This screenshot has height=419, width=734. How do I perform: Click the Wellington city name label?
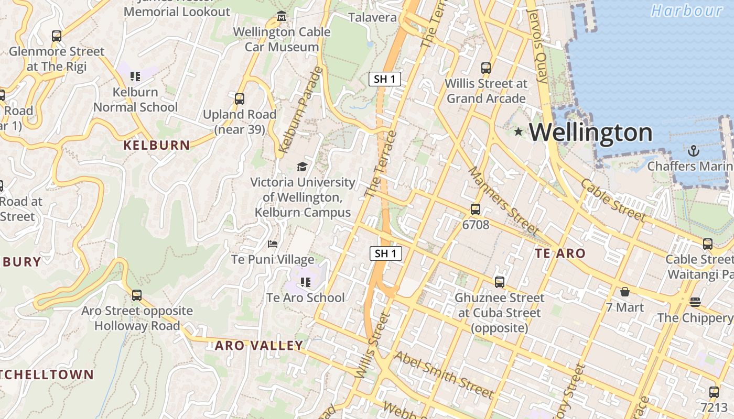(x=591, y=133)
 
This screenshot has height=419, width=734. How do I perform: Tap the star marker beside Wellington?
(x=519, y=131)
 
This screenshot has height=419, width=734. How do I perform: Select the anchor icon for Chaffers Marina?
(x=694, y=151)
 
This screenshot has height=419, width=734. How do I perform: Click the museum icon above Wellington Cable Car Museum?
(x=282, y=16)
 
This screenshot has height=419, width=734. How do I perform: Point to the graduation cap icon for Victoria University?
(x=302, y=167)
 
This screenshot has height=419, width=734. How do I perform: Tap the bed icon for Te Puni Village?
(x=273, y=244)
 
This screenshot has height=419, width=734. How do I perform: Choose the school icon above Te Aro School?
(x=306, y=282)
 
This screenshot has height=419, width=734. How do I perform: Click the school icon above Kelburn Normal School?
(x=135, y=76)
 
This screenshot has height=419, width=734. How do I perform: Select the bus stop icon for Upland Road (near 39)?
(x=240, y=98)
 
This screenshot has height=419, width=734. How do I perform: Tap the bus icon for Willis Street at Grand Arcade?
(x=486, y=68)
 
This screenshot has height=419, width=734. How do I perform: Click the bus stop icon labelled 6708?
(x=476, y=210)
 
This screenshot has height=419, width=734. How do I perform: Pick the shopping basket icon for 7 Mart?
(x=625, y=292)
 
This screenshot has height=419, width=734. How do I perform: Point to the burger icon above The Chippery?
(x=695, y=302)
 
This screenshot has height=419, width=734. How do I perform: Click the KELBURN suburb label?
(x=157, y=145)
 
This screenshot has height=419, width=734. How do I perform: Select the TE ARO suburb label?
(x=560, y=253)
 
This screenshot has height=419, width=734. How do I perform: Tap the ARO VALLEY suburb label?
(x=259, y=346)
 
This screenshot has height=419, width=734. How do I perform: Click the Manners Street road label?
(x=503, y=201)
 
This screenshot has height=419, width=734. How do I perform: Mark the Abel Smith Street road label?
(x=444, y=374)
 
